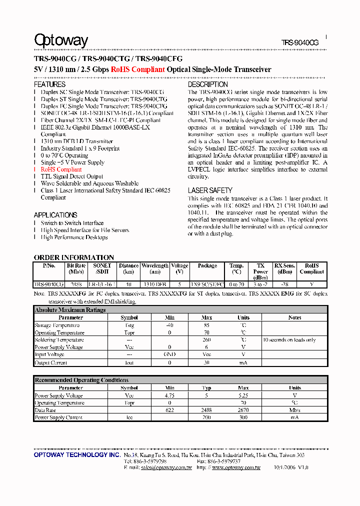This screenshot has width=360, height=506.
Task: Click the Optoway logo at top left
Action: pyautogui.click(x=61, y=40)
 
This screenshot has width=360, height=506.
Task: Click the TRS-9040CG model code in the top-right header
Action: pyautogui.click(x=299, y=43)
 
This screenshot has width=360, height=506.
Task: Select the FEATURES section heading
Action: pyautogui.click(x=49, y=84)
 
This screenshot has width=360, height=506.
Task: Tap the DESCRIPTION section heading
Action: pyautogui.click(x=208, y=84)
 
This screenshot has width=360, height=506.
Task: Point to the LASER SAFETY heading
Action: pyautogui.click(x=210, y=190)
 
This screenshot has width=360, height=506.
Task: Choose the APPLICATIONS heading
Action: pyautogui.click(x=55, y=215)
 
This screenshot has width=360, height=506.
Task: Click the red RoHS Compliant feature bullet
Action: pyautogui.click(x=61, y=169)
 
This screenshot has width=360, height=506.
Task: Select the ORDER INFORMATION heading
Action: pyautogui.click(x=74, y=257)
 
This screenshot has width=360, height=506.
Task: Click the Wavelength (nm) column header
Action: pyautogui.click(x=154, y=268)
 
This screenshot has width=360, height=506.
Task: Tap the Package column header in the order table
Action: pyautogui.click(x=207, y=266)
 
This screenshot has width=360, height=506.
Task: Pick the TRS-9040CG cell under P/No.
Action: pyautogui.click(x=49, y=284)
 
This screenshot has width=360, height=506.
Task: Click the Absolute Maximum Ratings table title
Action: pyautogui.click(x=70, y=310)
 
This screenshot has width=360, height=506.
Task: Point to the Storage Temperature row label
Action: pyautogui.click(x=57, y=325)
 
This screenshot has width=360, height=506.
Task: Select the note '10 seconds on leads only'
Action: pyautogui.click(x=289, y=340)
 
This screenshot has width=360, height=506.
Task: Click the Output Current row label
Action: pyautogui.click(x=51, y=362)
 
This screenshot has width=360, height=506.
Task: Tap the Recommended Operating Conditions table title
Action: pyautogui.click(x=81, y=380)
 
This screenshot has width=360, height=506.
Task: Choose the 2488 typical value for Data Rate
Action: pyautogui.click(x=206, y=410)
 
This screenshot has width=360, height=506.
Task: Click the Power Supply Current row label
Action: pyautogui.click(x=58, y=417)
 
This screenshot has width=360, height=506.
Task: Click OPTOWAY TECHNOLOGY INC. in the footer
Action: pyautogui.click(x=76, y=456)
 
